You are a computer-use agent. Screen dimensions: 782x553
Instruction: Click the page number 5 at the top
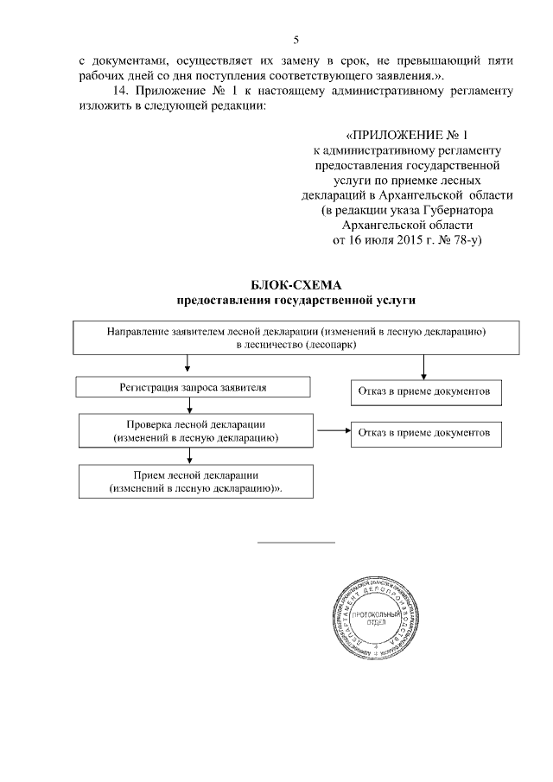tap(296, 40)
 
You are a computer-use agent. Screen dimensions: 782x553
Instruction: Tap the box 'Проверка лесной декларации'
tap(194, 432)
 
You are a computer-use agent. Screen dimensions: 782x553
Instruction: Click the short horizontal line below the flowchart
tap(296, 543)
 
